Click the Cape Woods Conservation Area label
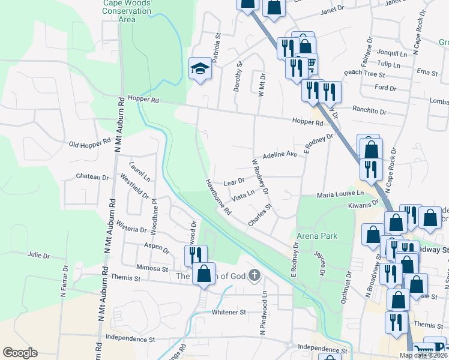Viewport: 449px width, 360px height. pos(127,11)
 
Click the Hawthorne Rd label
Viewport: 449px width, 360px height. pos(218,197)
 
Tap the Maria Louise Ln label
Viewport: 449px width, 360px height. pos(340,194)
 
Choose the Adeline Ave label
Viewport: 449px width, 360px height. pos(280,154)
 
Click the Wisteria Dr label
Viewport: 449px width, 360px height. pos(134,229)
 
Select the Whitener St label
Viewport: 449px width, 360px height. pos(229,312)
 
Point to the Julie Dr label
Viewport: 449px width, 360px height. pos(38,256)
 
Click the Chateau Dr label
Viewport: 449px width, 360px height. pos(92,177)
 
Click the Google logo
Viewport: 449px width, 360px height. pos(20,353)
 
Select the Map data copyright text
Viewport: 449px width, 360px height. pos(423,355)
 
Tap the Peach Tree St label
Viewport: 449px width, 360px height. pos(364,73)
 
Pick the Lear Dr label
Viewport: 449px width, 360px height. pos(234,181)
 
